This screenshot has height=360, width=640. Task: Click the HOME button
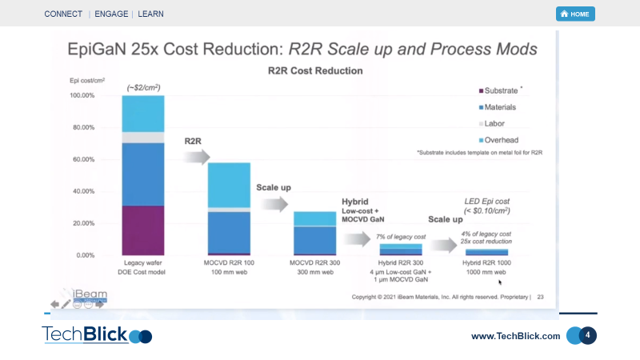tap(575, 14)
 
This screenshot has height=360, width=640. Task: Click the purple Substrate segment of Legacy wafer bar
tap(143, 230)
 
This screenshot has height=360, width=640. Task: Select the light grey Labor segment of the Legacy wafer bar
tap(143, 138)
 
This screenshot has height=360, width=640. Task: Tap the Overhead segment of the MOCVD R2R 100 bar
tap(229, 185)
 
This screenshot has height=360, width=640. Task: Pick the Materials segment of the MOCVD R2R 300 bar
tap(314, 239)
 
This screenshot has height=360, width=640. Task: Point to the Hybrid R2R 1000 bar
tap(486, 252)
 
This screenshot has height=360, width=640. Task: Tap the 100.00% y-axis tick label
tap(82, 95)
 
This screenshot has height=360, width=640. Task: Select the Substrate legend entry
tap(501, 90)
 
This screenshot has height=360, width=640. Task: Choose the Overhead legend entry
tap(501, 140)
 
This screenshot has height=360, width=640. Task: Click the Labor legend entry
tap(495, 123)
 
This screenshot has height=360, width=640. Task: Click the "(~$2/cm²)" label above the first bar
tap(143, 86)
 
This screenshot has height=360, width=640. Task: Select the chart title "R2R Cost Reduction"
tap(314, 70)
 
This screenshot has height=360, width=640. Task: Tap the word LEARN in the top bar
tap(152, 14)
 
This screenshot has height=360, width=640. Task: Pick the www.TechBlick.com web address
tap(515, 336)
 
